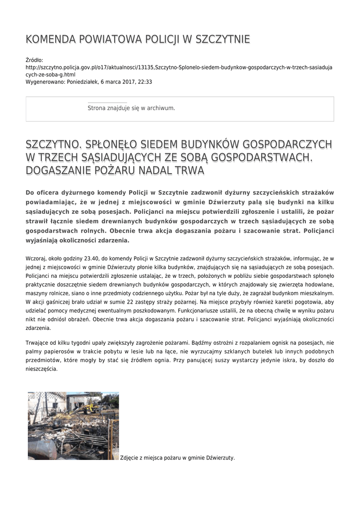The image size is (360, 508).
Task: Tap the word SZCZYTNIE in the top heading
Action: pos(223,40)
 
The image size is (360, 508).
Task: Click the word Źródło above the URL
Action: pos(34,60)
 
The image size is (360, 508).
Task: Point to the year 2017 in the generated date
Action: pos(125,82)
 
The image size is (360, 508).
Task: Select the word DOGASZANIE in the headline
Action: pos(59,171)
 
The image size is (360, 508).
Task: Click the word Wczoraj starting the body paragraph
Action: pos(35,258)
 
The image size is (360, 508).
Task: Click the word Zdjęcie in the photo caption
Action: pos(132,458)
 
